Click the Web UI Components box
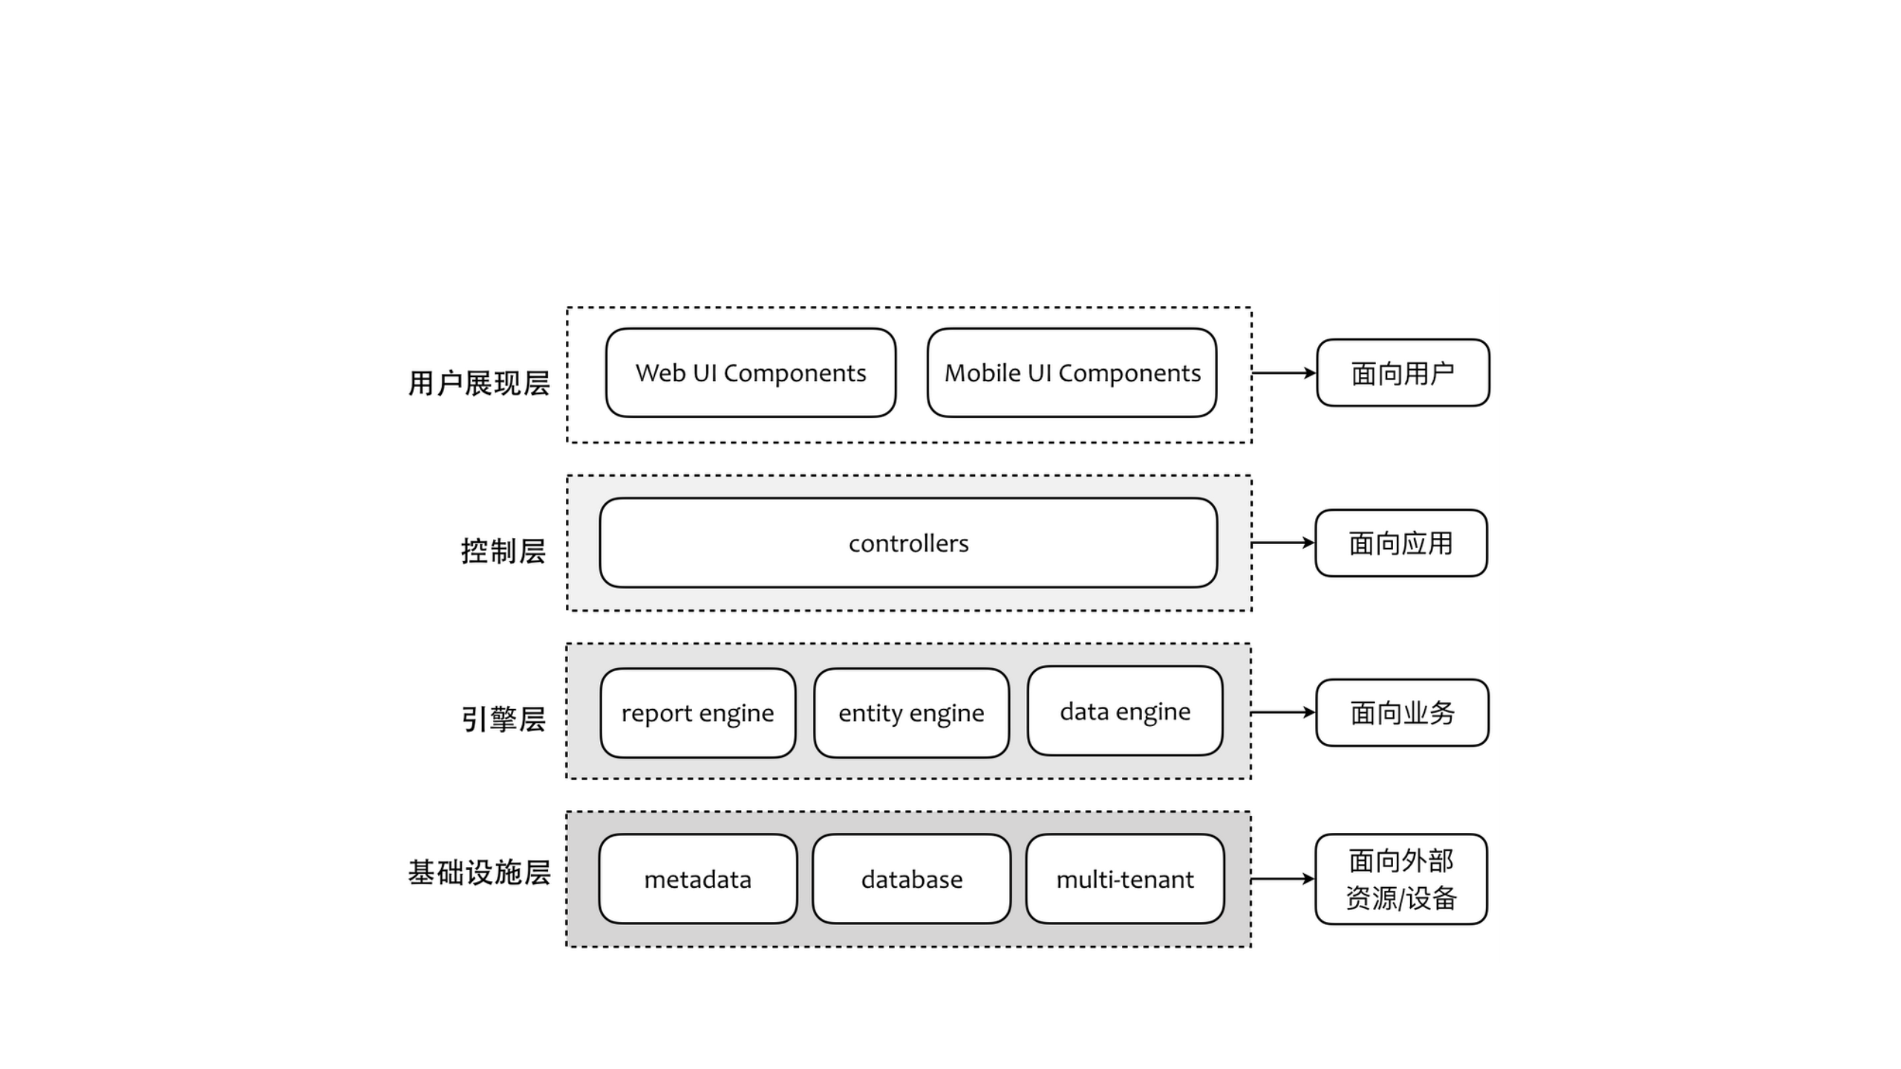click(750, 373)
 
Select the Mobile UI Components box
click(1072, 373)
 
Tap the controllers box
click(908, 543)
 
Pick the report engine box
click(697, 713)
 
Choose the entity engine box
click(911, 713)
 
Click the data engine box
click(1124, 710)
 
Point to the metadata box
click(697, 879)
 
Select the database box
click(911, 879)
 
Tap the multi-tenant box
click(1124, 879)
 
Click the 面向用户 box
click(1402, 373)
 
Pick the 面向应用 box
click(1401, 543)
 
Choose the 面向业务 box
click(1402, 713)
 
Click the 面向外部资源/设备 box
click(1401, 879)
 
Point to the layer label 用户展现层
click(479, 383)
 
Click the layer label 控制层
click(503, 551)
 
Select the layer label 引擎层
click(503, 719)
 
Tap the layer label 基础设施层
click(479, 872)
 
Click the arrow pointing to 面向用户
click(1283, 373)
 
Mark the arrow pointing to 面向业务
click(1283, 713)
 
